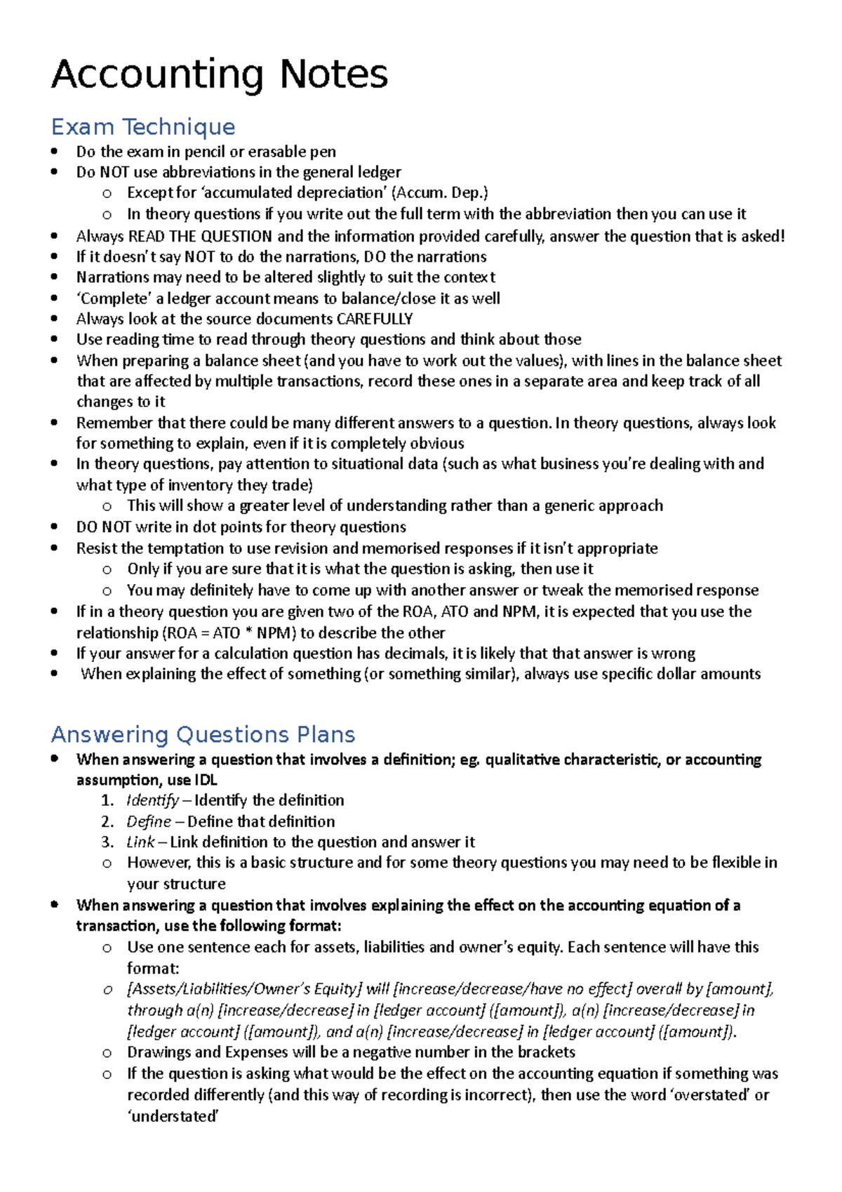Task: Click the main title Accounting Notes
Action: click(x=219, y=74)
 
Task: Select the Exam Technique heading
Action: click(x=143, y=127)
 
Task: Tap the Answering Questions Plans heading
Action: click(x=203, y=734)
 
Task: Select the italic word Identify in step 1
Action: click(x=152, y=800)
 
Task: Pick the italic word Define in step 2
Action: click(x=149, y=821)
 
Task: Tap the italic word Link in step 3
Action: click(x=140, y=842)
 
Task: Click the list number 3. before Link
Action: click(x=107, y=842)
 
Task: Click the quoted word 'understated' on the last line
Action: click(x=173, y=1116)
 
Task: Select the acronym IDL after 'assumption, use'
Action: click(x=206, y=780)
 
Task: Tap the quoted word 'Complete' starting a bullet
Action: click(x=114, y=298)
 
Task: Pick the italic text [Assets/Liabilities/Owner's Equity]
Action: click(x=244, y=989)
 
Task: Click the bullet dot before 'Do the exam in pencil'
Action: click(x=55, y=152)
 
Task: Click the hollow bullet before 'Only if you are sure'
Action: click(x=107, y=569)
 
